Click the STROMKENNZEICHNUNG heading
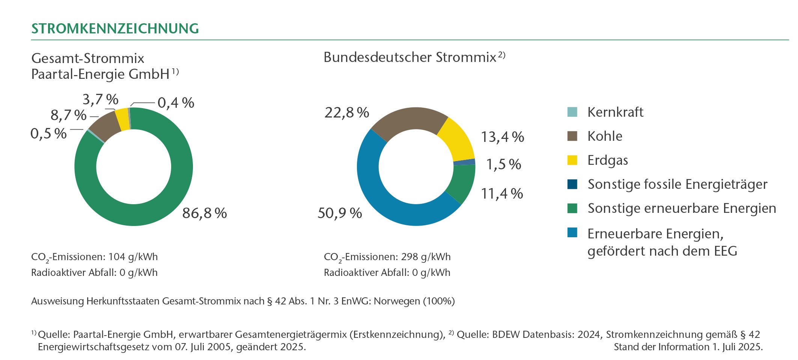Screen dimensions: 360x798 (115, 29)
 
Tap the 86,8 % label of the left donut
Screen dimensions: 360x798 (204, 213)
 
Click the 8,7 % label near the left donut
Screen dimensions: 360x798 (68, 115)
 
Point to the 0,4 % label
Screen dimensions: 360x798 (176, 103)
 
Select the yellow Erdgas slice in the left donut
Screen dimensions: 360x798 (122, 119)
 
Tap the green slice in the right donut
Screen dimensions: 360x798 (461, 182)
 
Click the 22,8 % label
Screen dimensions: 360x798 (346, 113)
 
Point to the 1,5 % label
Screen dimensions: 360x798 (503, 164)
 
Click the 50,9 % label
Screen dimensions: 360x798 (340, 213)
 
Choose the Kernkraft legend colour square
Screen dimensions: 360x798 (572, 112)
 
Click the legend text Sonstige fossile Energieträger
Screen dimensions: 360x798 (677, 184)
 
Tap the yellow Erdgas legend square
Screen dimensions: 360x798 (572, 160)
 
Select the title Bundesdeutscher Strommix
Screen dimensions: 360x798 (410, 57)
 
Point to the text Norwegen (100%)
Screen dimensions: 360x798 (414, 301)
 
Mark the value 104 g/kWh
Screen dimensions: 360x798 (133, 257)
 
